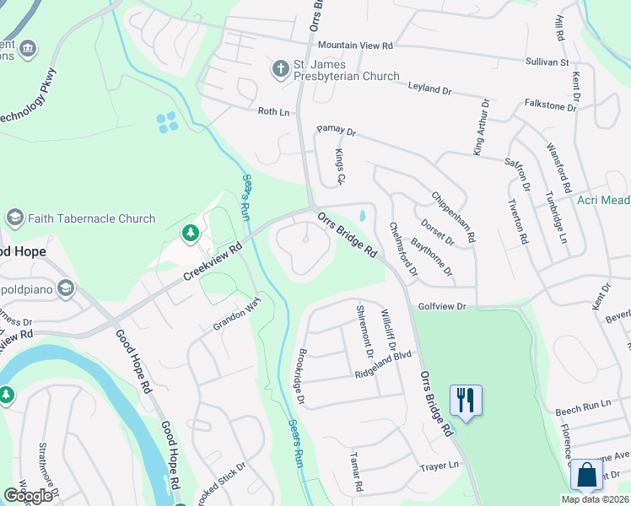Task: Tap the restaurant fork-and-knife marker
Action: click(466, 399)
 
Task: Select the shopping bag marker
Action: click(586, 474)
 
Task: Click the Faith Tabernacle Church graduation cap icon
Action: click(14, 218)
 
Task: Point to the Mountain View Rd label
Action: click(356, 45)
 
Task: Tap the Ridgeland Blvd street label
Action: click(383, 363)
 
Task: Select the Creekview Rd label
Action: click(213, 263)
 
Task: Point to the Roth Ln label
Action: click(272, 110)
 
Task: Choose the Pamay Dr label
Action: click(337, 132)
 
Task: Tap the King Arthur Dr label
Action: click(482, 126)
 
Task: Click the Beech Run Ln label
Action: click(583, 406)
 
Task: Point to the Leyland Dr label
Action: click(432, 87)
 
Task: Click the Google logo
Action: click(28, 496)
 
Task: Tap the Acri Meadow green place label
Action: click(603, 200)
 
